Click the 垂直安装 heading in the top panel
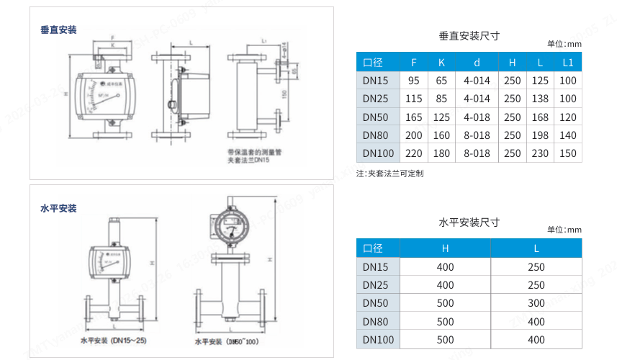(58, 30)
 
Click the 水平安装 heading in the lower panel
(58, 208)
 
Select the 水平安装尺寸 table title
(469, 222)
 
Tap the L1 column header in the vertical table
(568, 62)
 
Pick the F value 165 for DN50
(414, 117)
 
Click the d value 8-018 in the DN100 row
(477, 153)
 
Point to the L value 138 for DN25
(539, 99)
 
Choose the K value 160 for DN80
(441, 135)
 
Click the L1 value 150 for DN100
(568, 153)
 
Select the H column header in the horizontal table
(445, 248)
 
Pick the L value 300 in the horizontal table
(536, 303)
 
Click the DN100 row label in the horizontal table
(378, 340)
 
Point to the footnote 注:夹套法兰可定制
(389, 174)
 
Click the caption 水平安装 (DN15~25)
(113, 340)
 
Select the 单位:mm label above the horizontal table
(564, 230)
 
